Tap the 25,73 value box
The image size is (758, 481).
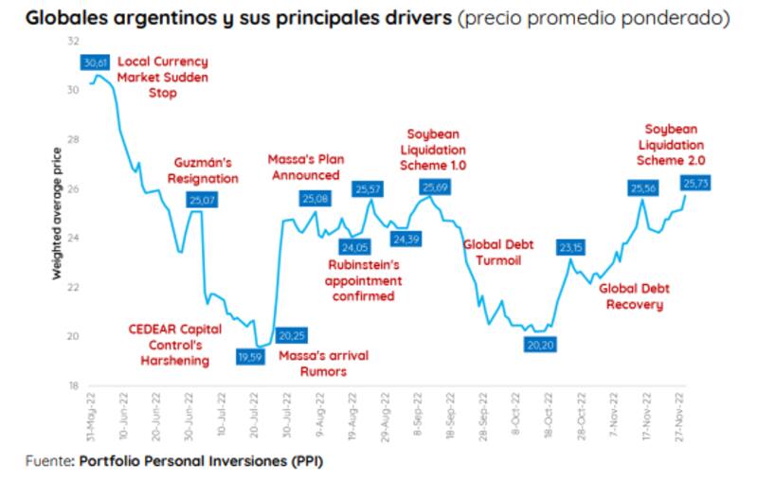695,182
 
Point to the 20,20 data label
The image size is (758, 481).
541,345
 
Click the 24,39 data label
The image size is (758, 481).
406,239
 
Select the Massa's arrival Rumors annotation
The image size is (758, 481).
323,364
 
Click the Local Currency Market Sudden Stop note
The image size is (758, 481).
162,78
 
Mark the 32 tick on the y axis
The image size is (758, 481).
73,42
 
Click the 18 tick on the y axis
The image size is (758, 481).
73,386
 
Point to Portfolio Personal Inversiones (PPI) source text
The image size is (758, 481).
201,463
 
